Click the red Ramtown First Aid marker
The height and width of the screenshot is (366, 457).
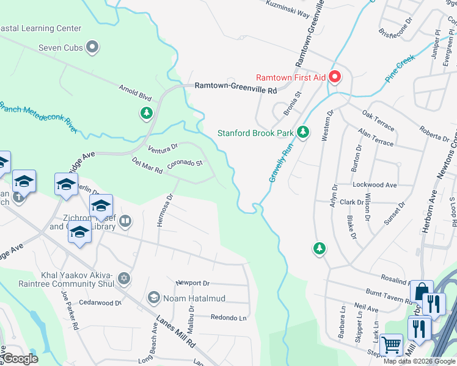pos(335,77)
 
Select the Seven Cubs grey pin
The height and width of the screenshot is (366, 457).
pos(93,47)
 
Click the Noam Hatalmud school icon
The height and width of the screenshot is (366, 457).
pos(153,297)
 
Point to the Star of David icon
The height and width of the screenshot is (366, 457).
pos(124,278)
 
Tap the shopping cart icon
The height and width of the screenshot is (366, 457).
pos(391,345)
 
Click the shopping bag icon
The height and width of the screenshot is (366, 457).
pos(422,292)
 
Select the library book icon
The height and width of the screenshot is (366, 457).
pos(125,220)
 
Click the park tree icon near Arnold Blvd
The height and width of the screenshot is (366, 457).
pos(146,113)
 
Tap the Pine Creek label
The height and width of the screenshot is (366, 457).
pos(400,69)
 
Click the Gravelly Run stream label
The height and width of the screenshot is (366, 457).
pos(280,161)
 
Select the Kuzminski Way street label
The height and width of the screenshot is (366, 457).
pos(288,9)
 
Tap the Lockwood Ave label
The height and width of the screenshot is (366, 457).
pos(375,184)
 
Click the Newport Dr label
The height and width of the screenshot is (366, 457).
pos(192,283)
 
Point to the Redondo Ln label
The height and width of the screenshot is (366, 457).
pos(228,318)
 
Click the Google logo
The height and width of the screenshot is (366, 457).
pos(21,359)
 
